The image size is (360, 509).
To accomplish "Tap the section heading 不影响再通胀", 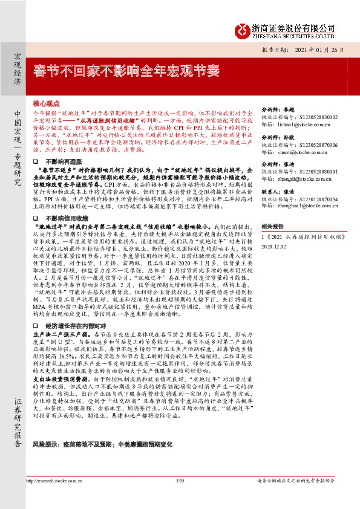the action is point(63,163).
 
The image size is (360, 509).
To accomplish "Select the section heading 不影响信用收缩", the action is point(67,216).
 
